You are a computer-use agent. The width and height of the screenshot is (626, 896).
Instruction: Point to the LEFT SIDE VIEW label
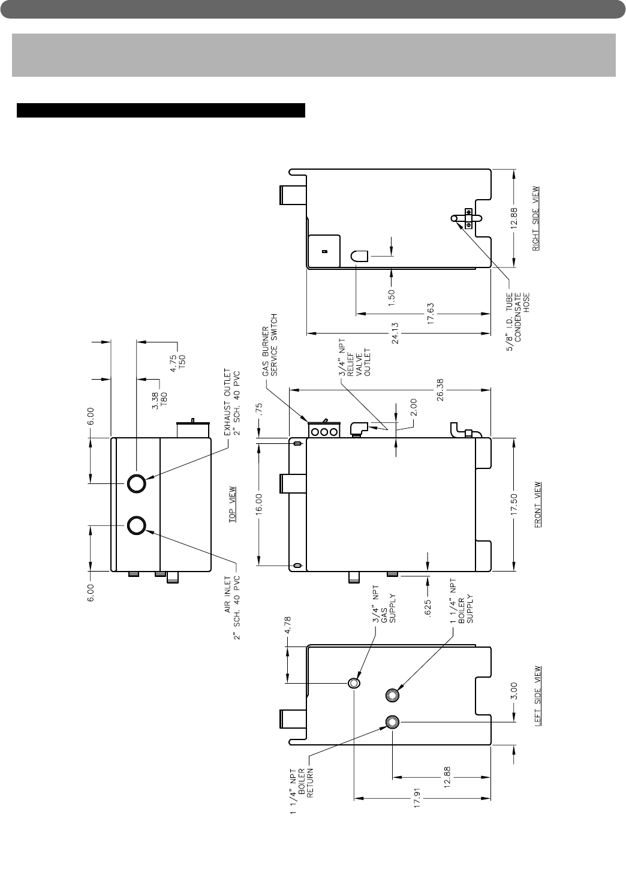[x=538, y=696]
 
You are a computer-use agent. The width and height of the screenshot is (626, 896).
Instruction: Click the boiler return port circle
[x=392, y=721]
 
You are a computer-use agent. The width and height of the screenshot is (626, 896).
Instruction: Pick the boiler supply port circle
[x=392, y=695]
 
